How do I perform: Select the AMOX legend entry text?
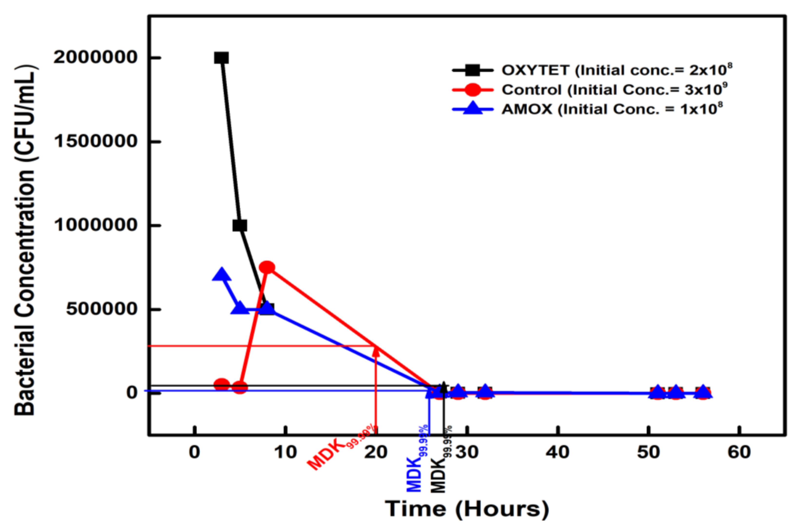tap(612, 109)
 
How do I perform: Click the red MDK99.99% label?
tap(341, 448)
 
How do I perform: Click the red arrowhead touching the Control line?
tap(376, 352)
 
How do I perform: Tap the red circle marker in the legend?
tap(472, 90)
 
